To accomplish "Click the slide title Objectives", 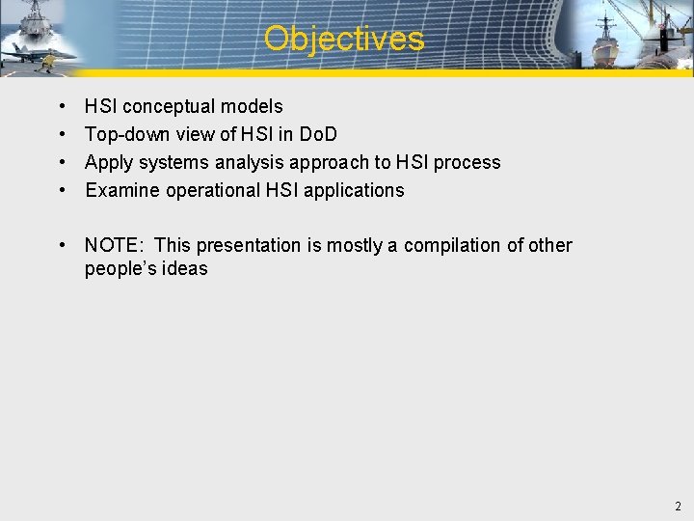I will point(344,39).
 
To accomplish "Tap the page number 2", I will point(678,506).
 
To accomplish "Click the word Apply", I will point(108,162).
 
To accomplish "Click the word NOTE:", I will point(114,245).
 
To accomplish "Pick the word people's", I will point(119,268).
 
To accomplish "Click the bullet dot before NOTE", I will point(62,245).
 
